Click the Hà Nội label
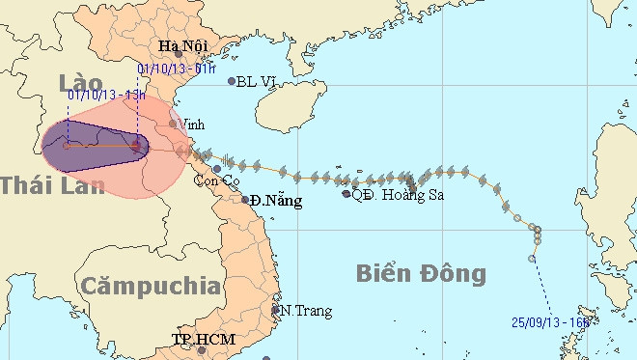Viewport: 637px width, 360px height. pos(181,46)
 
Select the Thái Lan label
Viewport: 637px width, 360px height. pos(51,184)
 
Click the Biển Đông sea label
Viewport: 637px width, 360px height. pos(422,273)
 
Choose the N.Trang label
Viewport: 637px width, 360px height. pos(305,311)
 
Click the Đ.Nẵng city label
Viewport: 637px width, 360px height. pos(275,202)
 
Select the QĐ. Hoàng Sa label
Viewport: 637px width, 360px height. pos(390,194)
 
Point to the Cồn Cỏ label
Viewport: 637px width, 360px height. pos(217,180)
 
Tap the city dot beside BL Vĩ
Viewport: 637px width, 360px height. pos(232,81)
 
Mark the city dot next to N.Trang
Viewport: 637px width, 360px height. pos(276,310)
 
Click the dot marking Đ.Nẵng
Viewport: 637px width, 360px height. pos(246,201)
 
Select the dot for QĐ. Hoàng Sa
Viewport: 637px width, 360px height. pos(346,194)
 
